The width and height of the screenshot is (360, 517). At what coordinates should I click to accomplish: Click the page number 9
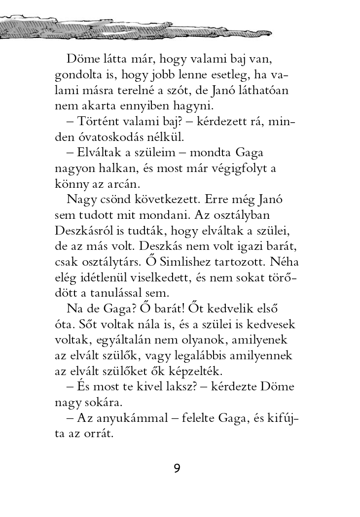click(177, 468)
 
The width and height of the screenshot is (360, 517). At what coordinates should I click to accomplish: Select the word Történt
click(99, 121)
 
